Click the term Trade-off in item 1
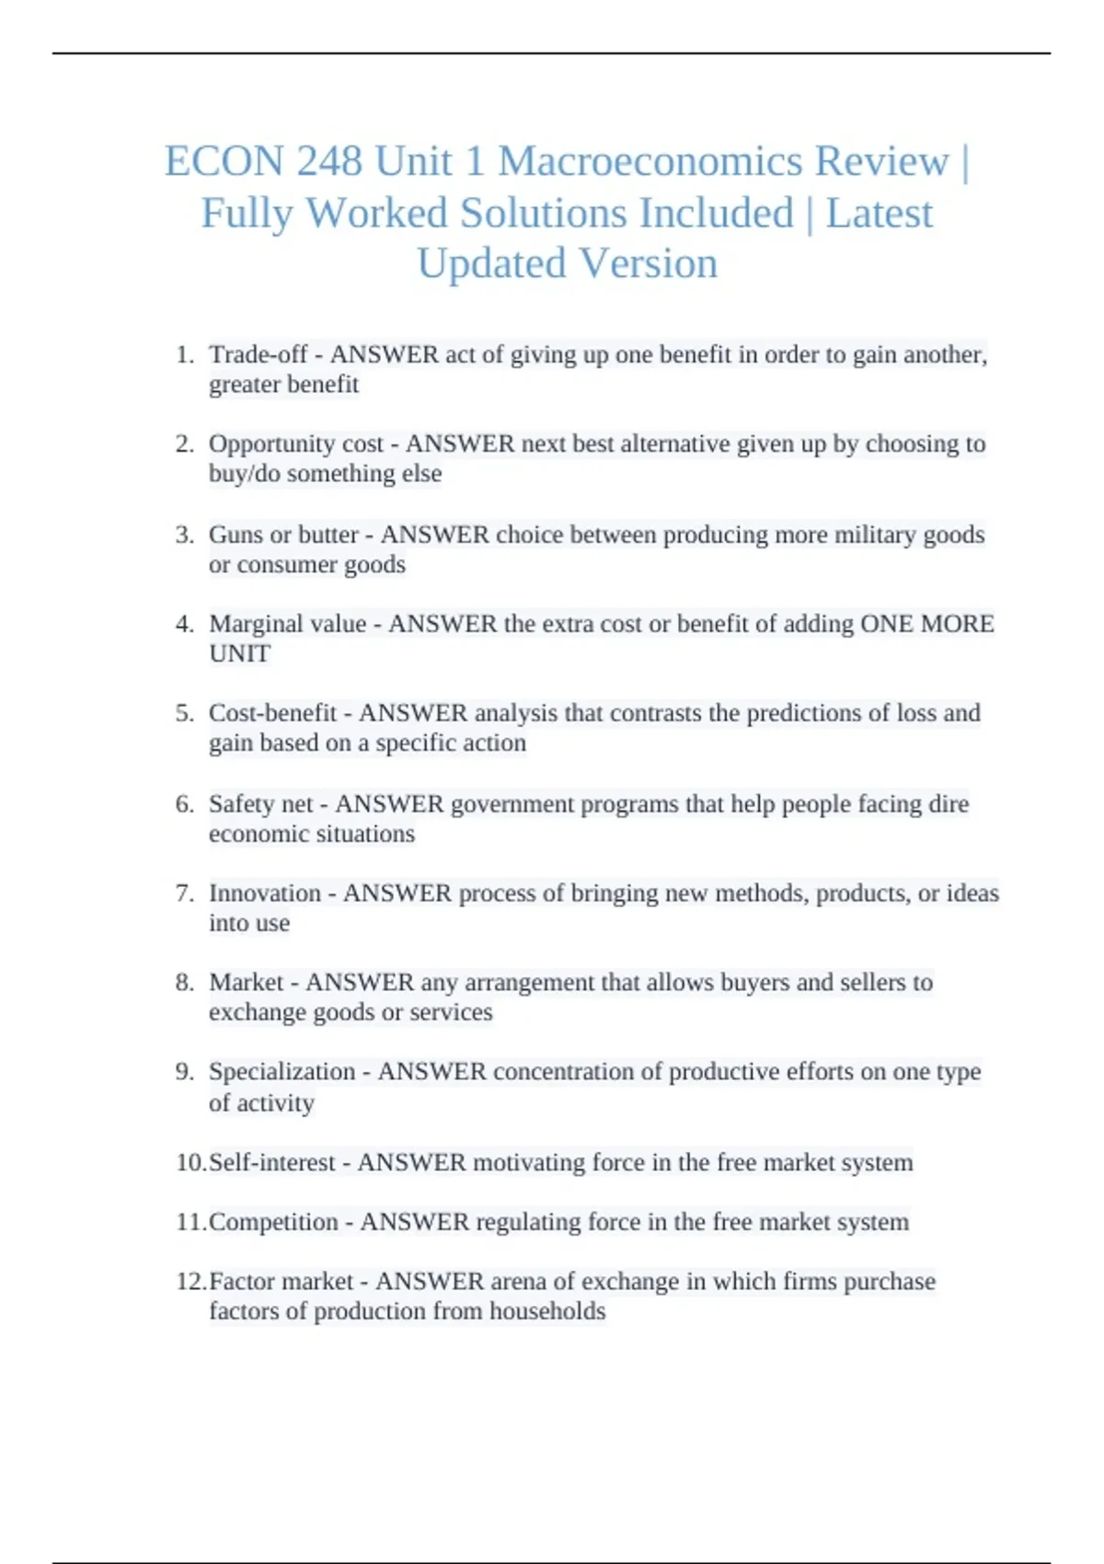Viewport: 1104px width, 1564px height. tap(258, 354)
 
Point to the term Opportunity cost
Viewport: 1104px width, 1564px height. tap(295, 443)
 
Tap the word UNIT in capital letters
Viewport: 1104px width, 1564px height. tap(239, 653)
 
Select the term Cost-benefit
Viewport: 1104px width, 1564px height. tap(272, 713)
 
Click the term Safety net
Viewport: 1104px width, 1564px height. tap(260, 804)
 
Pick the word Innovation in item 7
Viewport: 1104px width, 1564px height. tap(265, 893)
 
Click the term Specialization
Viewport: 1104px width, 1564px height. tap(282, 1072)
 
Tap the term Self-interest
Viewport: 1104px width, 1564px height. tap(271, 1163)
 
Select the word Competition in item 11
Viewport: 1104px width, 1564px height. tap(273, 1222)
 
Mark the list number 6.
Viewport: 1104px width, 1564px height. tap(185, 804)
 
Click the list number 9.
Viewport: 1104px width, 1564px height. tap(185, 1072)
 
